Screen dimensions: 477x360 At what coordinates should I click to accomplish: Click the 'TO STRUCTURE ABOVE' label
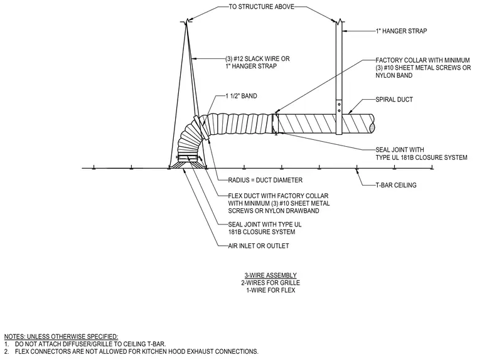point(261,7)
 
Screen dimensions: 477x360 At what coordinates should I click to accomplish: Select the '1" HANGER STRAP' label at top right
point(401,31)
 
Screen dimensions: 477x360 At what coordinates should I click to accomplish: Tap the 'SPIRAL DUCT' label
point(394,100)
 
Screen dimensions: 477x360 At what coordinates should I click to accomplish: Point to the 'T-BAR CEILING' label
point(396,185)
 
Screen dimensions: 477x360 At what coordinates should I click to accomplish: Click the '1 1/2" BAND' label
point(241,96)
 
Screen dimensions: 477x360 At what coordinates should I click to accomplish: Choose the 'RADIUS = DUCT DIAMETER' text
point(265,180)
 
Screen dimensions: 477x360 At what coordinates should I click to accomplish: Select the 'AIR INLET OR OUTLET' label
point(259,246)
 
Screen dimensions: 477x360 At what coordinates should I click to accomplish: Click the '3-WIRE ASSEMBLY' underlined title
point(271,275)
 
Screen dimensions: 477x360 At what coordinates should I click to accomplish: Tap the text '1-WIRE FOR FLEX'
point(271,290)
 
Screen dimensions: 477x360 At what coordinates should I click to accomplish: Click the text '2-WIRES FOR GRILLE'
point(271,283)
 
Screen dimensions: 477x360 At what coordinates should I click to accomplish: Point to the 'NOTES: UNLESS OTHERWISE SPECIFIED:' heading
point(61,337)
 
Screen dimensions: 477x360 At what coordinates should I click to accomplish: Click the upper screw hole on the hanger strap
point(339,105)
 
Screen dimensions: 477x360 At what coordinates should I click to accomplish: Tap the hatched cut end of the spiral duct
point(372,124)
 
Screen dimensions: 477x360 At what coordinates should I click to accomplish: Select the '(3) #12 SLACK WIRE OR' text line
point(257,59)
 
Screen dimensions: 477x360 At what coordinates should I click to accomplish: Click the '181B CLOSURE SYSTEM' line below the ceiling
point(262,232)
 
